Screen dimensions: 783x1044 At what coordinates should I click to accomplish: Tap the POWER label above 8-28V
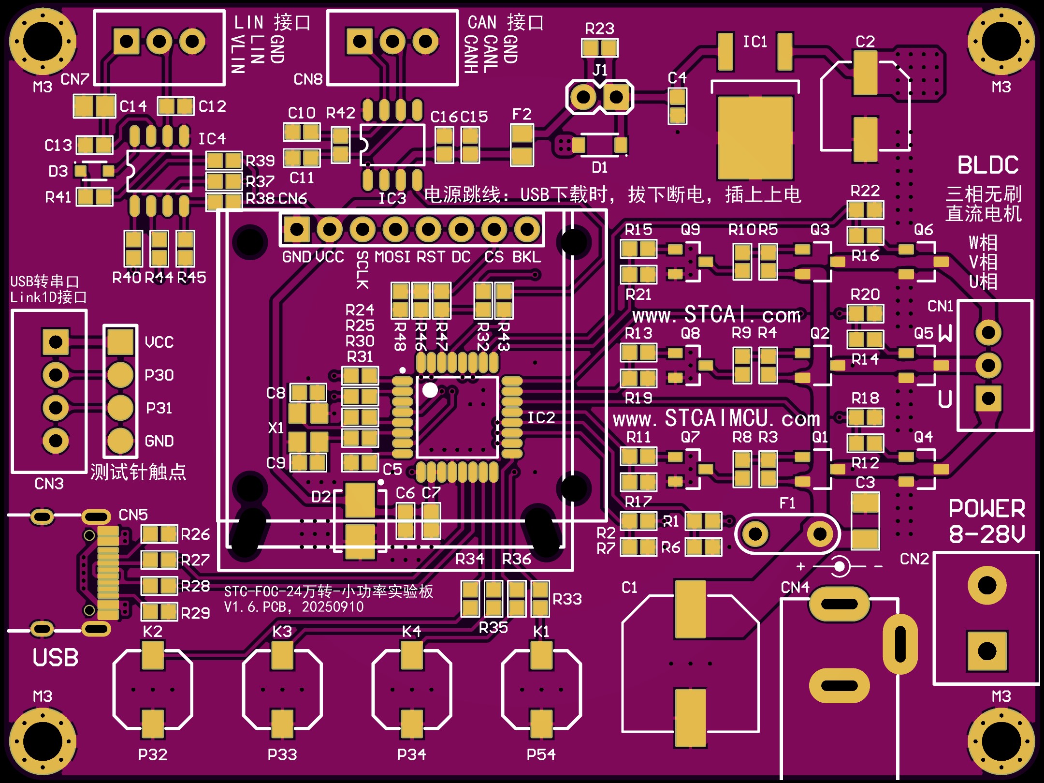[x=986, y=509]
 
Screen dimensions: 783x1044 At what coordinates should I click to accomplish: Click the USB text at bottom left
[x=55, y=658]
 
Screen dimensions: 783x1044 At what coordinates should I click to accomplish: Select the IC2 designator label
[x=541, y=418]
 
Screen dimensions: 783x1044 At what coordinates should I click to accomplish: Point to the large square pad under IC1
[x=754, y=137]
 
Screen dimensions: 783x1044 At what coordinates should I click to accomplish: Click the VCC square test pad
[x=120, y=341]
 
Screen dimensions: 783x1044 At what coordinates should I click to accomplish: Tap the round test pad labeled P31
[x=120, y=408]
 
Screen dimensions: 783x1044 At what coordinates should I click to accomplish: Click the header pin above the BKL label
[x=527, y=229]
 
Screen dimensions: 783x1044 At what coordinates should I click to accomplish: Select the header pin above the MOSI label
[x=395, y=229]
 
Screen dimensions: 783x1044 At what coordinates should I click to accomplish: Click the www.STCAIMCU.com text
[x=716, y=419]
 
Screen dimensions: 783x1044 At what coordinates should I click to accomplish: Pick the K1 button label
[x=541, y=632]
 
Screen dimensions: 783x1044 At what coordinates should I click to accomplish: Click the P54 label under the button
[x=541, y=754]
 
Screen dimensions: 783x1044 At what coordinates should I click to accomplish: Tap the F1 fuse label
[x=787, y=503]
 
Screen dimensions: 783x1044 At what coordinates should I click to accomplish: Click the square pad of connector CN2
[x=987, y=651]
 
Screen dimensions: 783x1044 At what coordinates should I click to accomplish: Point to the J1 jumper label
[x=600, y=71]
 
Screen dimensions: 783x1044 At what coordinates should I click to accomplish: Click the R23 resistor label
[x=599, y=29]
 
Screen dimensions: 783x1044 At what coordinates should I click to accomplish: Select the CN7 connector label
[x=75, y=79]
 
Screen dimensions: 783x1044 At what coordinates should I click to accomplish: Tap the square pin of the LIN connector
[x=127, y=41]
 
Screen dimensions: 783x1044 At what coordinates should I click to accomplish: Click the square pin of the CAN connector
[x=360, y=41]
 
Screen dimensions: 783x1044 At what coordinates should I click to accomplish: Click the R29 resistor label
[x=195, y=613]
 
